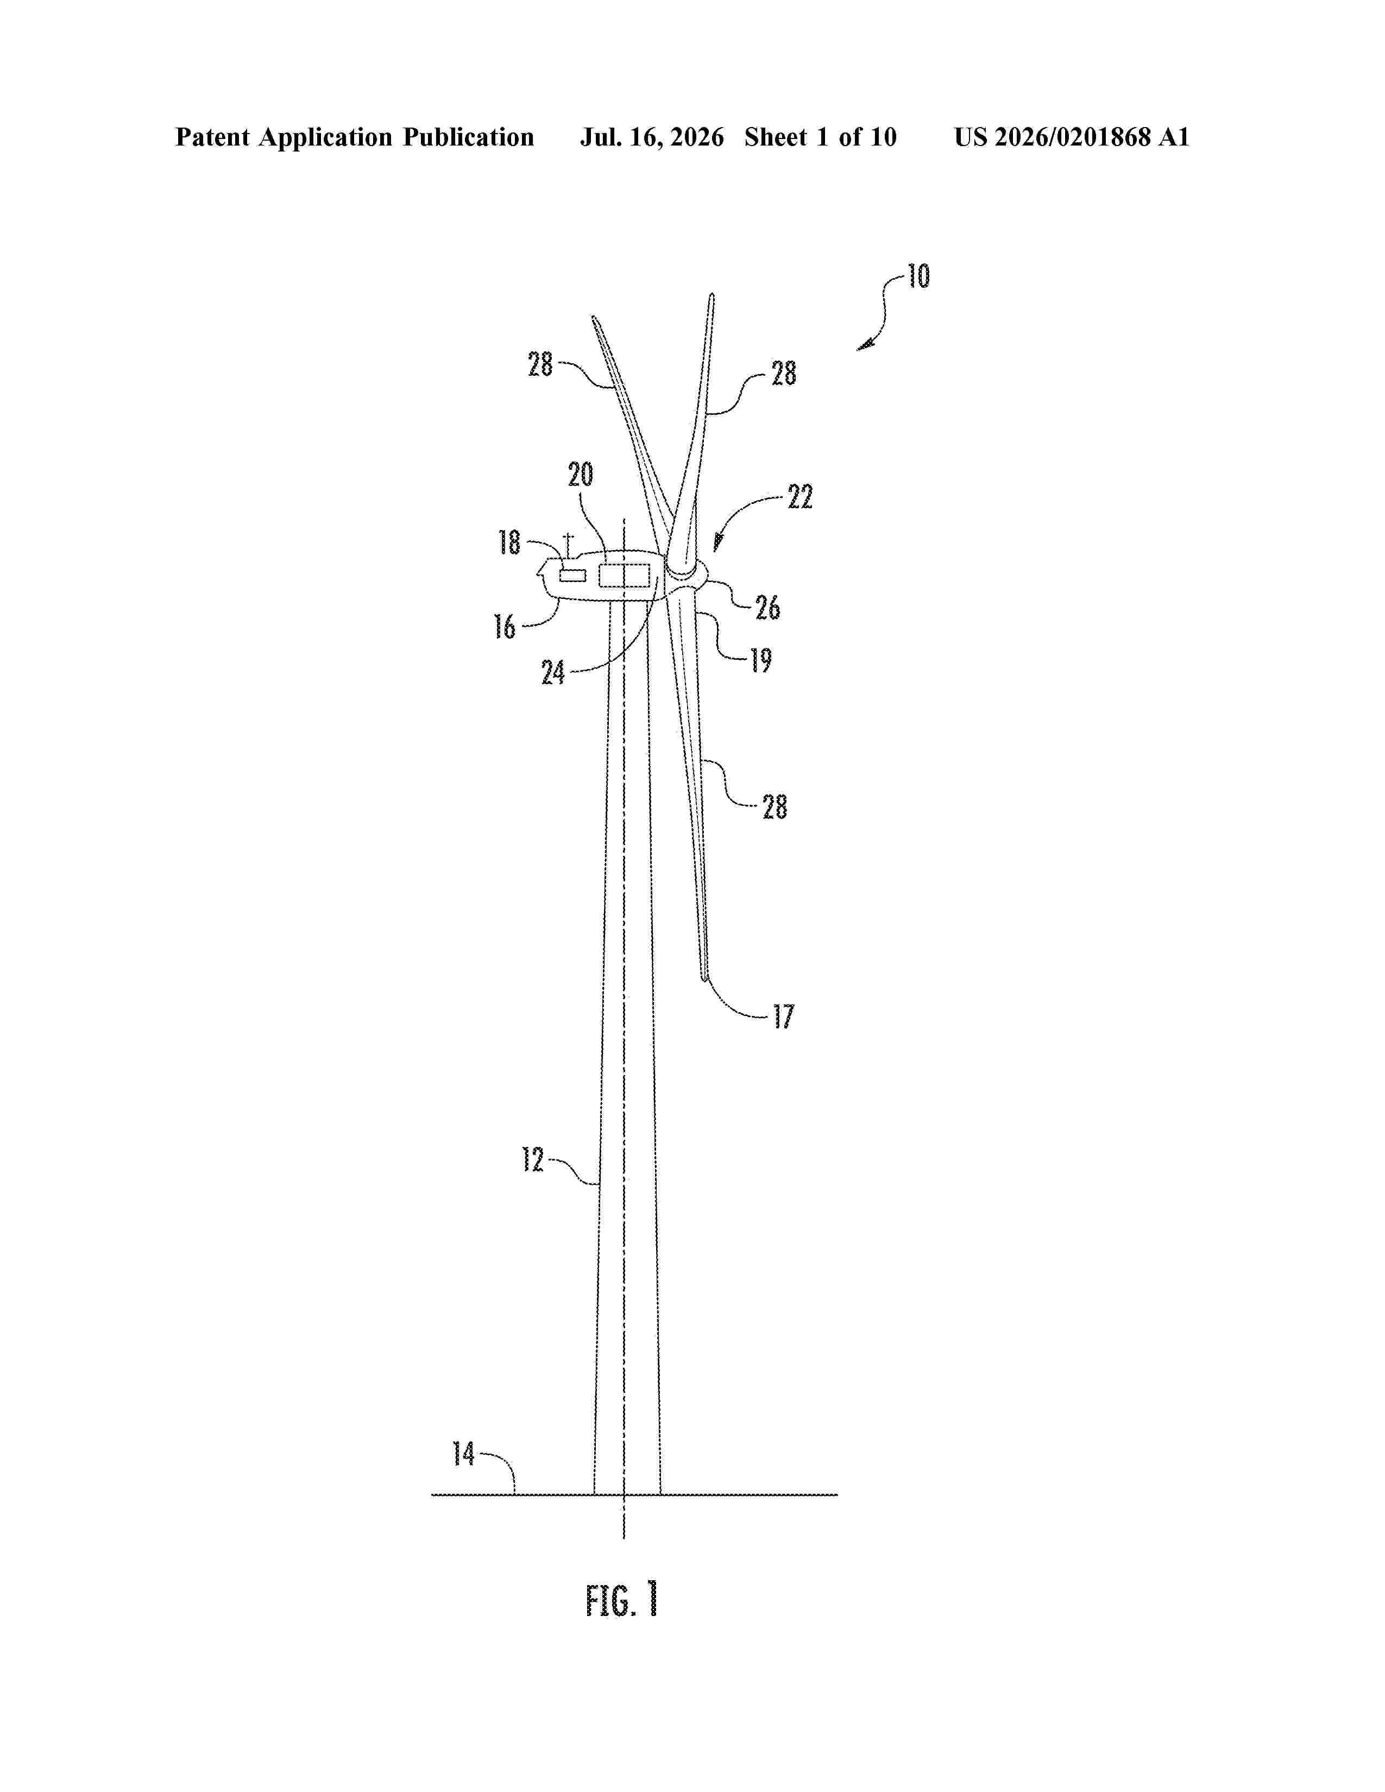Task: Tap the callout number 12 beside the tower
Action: [x=532, y=1159]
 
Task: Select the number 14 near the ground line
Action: [x=464, y=1454]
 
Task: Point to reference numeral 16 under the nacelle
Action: [x=504, y=627]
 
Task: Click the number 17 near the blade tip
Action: [x=784, y=1017]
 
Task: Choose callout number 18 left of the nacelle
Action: [x=509, y=542]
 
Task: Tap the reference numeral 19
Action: [x=760, y=660]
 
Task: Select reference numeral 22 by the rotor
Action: [x=800, y=496]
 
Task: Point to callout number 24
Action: [x=553, y=673]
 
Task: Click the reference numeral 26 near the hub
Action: [x=767, y=608]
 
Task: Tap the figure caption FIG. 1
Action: [x=622, y=1600]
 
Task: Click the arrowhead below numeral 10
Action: [x=865, y=345]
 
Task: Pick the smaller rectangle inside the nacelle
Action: [x=572, y=575]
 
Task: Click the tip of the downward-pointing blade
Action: [x=704, y=978]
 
